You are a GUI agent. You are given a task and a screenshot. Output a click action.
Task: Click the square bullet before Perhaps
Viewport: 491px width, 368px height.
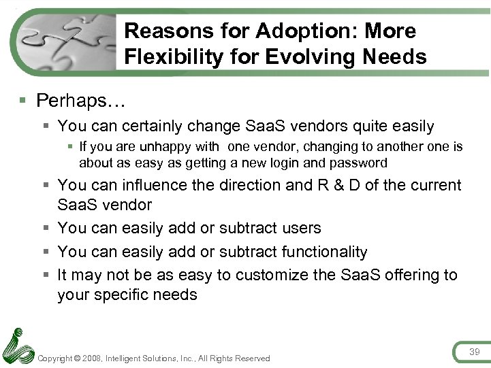click(x=23, y=101)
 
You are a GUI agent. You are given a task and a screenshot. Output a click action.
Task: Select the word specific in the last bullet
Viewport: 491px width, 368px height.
click(x=123, y=295)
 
